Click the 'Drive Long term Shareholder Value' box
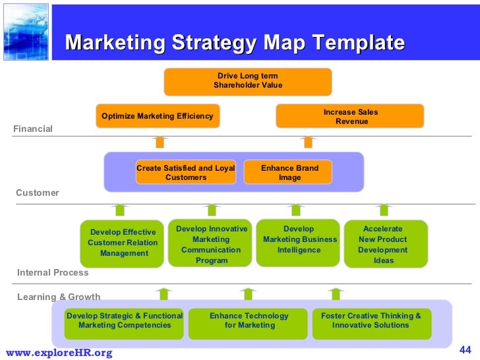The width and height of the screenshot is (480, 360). point(247,81)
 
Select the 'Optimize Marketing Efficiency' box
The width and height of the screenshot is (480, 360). point(157,116)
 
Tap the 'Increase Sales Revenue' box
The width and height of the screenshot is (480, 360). point(349,117)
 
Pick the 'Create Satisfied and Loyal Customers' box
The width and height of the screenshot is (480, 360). point(185,173)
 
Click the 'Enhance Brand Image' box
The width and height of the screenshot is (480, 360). point(289,173)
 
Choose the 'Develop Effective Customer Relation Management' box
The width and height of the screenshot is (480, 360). point(123,243)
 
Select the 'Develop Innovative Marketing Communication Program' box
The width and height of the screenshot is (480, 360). point(211,244)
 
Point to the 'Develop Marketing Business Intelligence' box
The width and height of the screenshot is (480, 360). point(299,243)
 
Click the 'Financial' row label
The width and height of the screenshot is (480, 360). point(33,129)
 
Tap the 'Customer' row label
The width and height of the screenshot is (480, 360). point(38,193)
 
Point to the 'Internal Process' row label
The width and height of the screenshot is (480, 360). point(53,272)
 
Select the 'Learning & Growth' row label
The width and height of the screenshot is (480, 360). point(59,297)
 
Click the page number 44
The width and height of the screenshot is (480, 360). point(465,349)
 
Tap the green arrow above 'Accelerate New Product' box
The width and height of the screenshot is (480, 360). point(384,210)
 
